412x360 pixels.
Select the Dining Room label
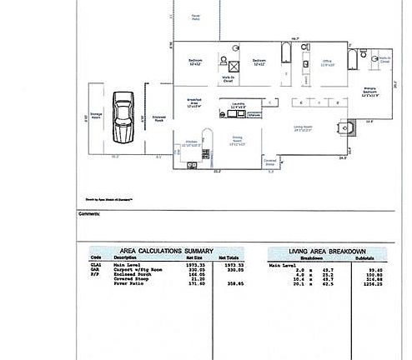click(x=237, y=141)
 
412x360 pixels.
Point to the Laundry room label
click(x=237, y=106)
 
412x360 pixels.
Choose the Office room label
click(x=328, y=62)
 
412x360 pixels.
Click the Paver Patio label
click(x=196, y=17)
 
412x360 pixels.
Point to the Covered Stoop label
click(x=270, y=163)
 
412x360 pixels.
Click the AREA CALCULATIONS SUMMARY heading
click(x=166, y=251)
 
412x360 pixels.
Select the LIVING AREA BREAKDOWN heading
click(x=327, y=251)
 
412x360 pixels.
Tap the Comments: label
click(x=89, y=214)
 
